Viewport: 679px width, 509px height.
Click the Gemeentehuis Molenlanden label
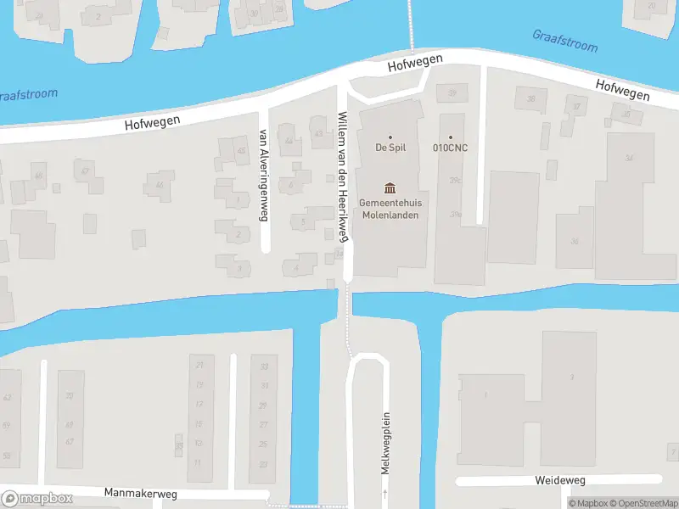pyautogui.click(x=390, y=209)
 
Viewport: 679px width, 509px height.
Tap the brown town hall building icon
pyautogui.click(x=390, y=187)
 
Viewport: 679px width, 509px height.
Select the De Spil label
pyautogui.click(x=390, y=148)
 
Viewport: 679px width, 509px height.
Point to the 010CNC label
pyautogui.click(x=451, y=148)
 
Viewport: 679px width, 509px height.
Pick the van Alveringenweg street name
pyautogui.click(x=263, y=176)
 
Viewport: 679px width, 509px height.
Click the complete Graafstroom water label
pyautogui.click(x=564, y=41)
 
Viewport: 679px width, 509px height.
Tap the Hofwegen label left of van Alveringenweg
pyautogui.click(x=152, y=122)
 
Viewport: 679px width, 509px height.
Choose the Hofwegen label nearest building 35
pyautogui.click(x=622, y=90)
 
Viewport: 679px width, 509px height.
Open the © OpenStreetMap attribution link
pyautogui.click(x=644, y=503)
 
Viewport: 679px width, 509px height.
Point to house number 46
pyautogui.click(x=158, y=185)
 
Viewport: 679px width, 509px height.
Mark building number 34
pyautogui.click(x=629, y=158)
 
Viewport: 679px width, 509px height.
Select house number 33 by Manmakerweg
pyautogui.click(x=264, y=366)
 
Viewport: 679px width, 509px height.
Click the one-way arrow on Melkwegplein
pyautogui.click(x=384, y=493)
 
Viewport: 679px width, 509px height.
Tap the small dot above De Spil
pyautogui.click(x=390, y=137)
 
